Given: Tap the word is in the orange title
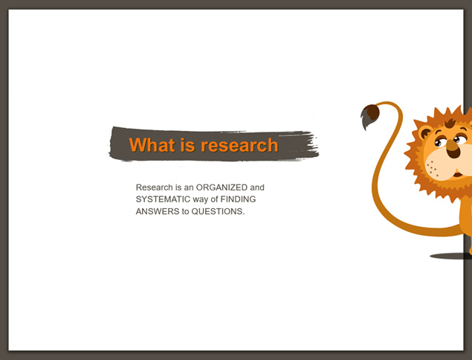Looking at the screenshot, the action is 188,145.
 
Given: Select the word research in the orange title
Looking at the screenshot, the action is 239,145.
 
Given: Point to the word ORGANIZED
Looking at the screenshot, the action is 222,187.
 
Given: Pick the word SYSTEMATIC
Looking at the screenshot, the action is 163,199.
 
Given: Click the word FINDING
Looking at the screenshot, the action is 238,199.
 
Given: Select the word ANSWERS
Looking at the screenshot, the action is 158,211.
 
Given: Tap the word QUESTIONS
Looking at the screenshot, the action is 219,211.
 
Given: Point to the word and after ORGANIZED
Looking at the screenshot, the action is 257,187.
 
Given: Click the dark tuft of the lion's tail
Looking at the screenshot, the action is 370,116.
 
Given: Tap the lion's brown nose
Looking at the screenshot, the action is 453,149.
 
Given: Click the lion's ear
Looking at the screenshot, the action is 425,132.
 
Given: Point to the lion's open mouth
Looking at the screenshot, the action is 458,175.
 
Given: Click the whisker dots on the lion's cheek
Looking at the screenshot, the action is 433,168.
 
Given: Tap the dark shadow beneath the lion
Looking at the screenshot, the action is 450,256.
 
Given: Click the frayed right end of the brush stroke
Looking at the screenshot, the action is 312,146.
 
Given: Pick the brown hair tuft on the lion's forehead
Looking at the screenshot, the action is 450,123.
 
